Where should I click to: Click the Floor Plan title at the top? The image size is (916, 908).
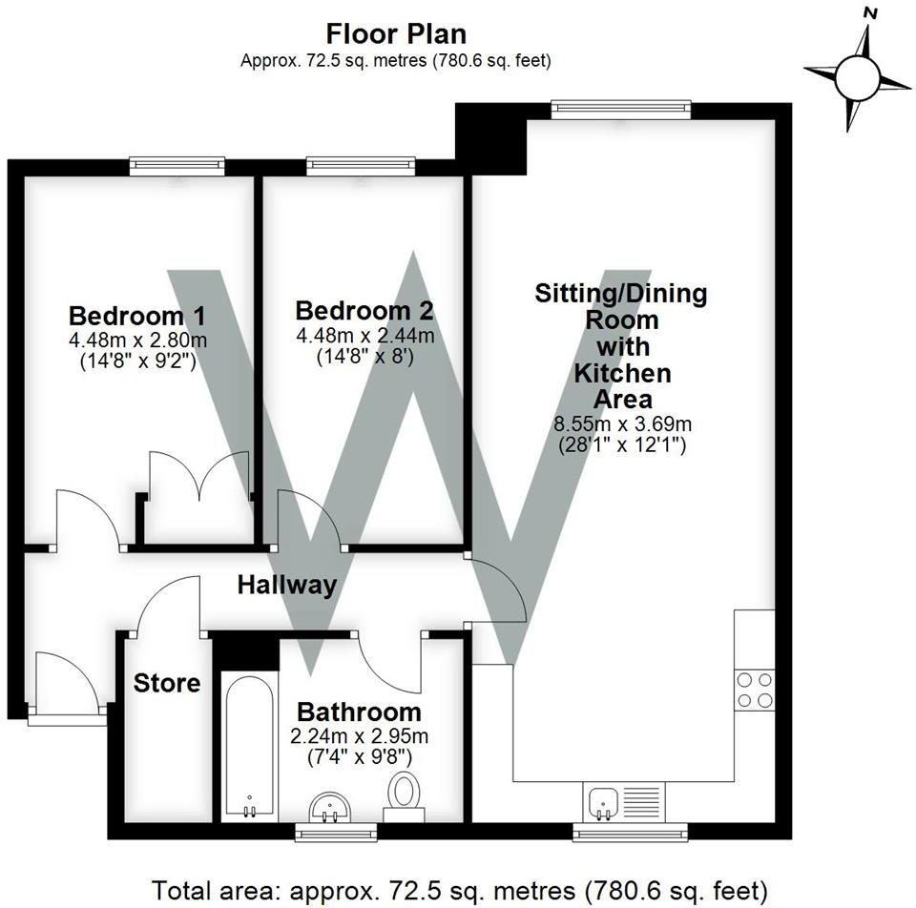click(x=396, y=34)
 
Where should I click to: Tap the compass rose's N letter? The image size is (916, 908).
click(x=869, y=13)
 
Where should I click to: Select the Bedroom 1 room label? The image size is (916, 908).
click(x=136, y=316)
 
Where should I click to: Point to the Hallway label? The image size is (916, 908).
click(x=286, y=585)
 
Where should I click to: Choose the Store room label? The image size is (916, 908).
click(x=167, y=683)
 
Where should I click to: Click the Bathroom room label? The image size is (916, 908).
click(x=359, y=712)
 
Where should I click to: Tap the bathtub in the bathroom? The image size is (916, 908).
click(x=249, y=747)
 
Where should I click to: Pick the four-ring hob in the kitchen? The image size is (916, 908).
click(x=754, y=690)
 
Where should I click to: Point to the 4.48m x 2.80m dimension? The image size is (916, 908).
click(x=136, y=340)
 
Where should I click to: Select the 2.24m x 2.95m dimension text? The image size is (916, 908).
click(x=359, y=736)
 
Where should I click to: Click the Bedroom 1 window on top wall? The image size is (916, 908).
click(x=177, y=165)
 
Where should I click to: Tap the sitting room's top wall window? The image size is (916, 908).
click(x=620, y=109)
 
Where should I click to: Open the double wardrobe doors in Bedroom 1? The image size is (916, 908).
click(x=198, y=477)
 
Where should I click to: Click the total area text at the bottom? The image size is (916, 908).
click(x=459, y=890)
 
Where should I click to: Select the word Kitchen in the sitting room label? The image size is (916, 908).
click(x=621, y=372)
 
